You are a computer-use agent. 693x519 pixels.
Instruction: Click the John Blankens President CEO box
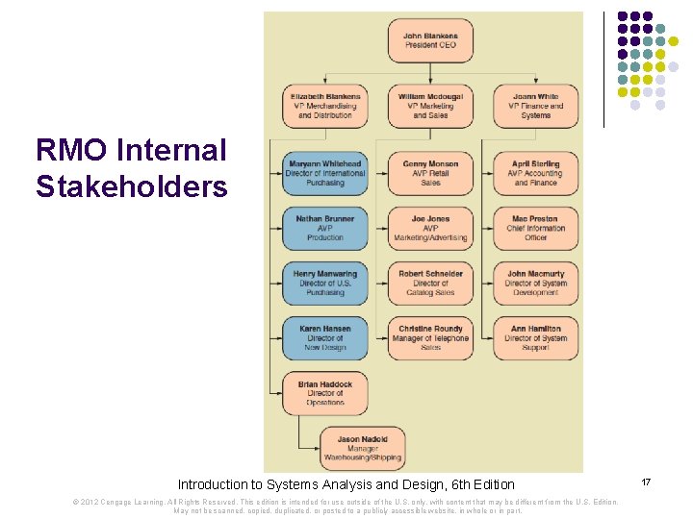click(430, 39)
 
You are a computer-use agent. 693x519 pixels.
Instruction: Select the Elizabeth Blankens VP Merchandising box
click(325, 106)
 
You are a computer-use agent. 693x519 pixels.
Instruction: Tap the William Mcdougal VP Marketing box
click(430, 106)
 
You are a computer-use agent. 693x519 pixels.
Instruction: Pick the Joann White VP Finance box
click(536, 106)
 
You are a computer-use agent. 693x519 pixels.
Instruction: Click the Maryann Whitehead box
click(325, 173)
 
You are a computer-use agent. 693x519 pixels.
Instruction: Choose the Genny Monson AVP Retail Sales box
click(430, 173)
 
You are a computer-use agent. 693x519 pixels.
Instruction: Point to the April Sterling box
click(536, 173)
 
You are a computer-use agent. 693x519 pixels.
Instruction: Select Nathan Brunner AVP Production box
click(325, 228)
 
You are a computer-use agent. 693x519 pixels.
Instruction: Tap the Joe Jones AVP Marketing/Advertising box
click(430, 228)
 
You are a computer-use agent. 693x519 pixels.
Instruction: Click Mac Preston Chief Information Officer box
click(536, 228)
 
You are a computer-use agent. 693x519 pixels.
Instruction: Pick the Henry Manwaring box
click(325, 283)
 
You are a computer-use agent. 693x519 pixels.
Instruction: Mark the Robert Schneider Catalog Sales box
click(430, 283)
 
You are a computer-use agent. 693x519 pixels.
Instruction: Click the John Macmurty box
click(536, 283)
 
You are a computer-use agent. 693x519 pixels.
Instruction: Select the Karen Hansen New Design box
click(325, 337)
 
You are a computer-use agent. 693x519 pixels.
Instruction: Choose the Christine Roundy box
click(430, 337)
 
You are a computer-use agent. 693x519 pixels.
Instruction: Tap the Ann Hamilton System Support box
click(536, 337)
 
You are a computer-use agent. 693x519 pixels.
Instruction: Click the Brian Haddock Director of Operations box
click(325, 392)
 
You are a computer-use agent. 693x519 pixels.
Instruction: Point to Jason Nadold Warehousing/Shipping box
click(363, 448)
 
